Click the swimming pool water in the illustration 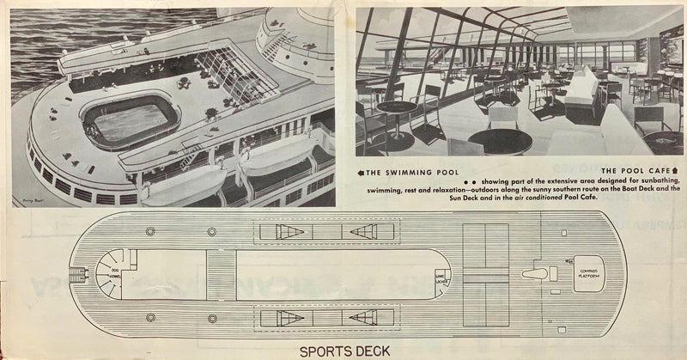pos(131,122)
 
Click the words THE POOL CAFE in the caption pos(635,172)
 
